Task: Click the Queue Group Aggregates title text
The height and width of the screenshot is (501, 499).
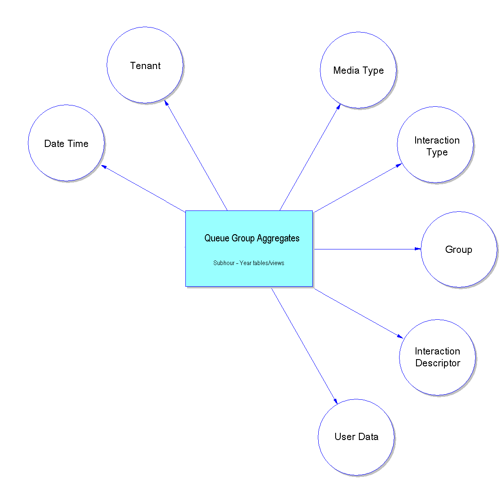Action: click(252, 238)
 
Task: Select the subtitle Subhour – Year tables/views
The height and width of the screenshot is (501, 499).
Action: click(248, 263)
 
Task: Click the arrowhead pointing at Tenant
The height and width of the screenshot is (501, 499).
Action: click(166, 103)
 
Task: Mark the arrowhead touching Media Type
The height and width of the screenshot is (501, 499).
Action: click(338, 107)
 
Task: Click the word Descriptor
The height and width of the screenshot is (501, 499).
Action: click(438, 363)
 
